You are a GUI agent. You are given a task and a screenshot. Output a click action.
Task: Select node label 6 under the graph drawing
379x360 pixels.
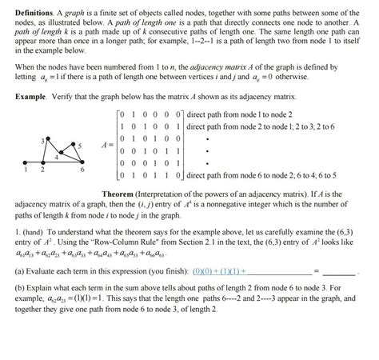pyautogui.click(x=82, y=170)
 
